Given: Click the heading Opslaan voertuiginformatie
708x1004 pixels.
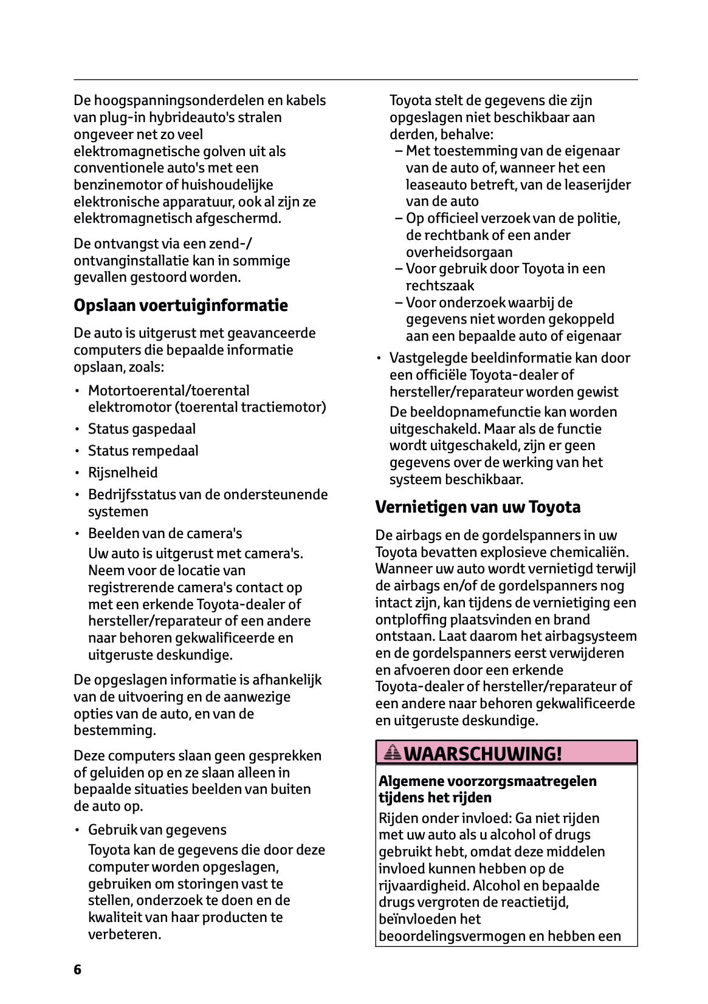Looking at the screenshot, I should [180, 306].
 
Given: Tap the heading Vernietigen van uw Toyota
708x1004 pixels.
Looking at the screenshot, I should [478, 507].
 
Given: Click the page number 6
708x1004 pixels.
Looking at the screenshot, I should [77, 969].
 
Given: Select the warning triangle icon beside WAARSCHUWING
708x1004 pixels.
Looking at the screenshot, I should [393, 754].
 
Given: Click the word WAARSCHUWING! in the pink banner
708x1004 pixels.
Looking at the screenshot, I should [483, 754].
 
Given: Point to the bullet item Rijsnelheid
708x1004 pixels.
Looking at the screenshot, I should [123, 473].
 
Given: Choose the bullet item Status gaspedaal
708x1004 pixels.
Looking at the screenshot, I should [142, 429].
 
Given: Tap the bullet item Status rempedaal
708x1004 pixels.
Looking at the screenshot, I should [143, 451].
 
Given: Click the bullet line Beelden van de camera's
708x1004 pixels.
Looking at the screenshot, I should [165, 533].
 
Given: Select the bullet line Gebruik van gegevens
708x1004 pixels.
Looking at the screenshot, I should [157, 830].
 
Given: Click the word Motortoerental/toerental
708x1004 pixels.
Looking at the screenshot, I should [168, 391].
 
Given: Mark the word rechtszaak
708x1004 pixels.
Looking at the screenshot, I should [440, 285].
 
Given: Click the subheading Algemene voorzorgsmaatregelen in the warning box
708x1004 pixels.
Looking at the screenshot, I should [487, 781].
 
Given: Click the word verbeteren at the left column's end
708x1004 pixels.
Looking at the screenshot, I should [124, 934].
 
